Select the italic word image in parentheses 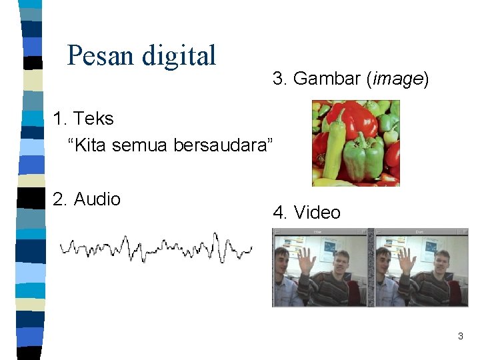(x=398, y=79)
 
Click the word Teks (x=93, y=119)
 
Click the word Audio (x=97, y=199)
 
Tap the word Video (x=317, y=213)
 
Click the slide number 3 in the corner (x=460, y=337)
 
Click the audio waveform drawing (x=157, y=248)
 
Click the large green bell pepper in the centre (x=364, y=157)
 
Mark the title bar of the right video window (x=419, y=231)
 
